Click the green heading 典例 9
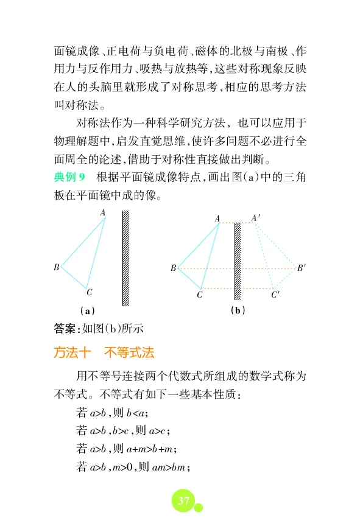72,177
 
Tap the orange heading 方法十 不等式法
104,352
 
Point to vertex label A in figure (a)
103,212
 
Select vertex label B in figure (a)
56,267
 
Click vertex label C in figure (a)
89,293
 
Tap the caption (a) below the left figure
78,310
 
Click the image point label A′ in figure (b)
256,217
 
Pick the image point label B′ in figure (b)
302,267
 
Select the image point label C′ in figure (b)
275,295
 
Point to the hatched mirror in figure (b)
238,262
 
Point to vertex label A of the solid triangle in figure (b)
217,218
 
